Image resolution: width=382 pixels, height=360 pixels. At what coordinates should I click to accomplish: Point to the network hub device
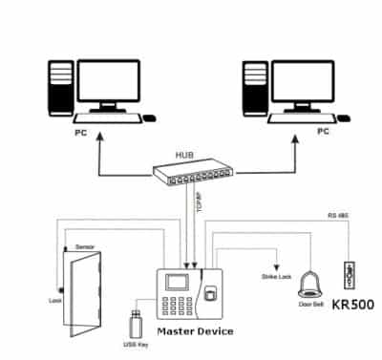click(195, 174)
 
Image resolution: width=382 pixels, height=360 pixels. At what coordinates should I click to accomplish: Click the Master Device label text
click(197, 331)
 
